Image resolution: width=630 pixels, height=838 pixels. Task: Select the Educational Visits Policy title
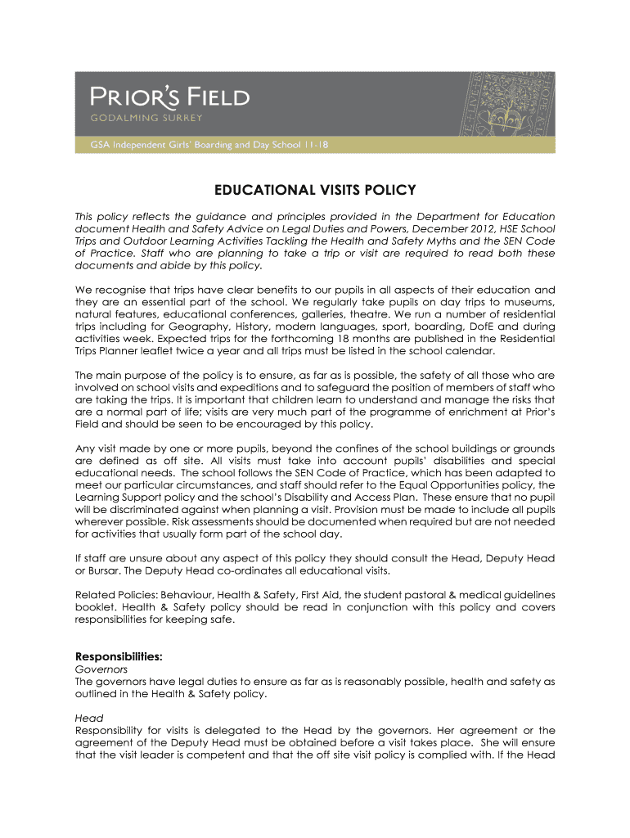pos(315,191)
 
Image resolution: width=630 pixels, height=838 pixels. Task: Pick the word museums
pos(533,302)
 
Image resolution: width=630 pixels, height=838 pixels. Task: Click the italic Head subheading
pos(89,718)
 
